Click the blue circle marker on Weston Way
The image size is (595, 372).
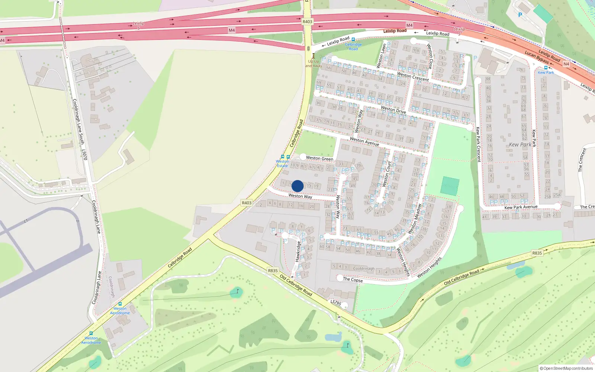point(297,186)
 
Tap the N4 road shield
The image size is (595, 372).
point(566,64)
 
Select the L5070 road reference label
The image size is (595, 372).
point(85,155)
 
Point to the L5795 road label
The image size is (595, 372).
point(335,303)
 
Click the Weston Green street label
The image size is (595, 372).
point(319,158)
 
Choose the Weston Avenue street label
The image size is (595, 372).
point(364,141)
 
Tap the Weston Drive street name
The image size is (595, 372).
point(393,110)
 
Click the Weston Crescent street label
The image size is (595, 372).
point(413,77)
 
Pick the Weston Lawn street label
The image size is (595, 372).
point(382,56)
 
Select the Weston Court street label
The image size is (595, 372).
point(387,174)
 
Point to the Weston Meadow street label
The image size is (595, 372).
point(414,219)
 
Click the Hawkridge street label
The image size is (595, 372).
point(297,251)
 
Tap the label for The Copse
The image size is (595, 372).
point(353,280)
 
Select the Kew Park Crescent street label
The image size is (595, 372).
point(478,144)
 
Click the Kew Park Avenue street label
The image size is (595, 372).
point(521,207)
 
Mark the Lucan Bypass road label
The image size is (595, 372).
point(537,57)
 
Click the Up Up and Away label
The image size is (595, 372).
point(313,64)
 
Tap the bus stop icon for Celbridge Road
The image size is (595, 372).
point(353,39)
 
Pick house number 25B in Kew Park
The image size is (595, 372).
point(547,197)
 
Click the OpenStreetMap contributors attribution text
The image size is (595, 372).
point(566,369)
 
